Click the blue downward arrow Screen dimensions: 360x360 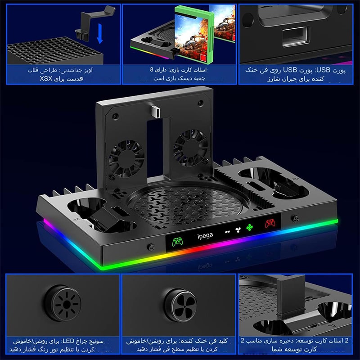coord(99,33)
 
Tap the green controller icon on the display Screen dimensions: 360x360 coord(177,242)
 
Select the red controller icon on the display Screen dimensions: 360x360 coord(270,223)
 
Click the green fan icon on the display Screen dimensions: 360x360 coord(249,227)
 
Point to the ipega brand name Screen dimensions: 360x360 coord(205,235)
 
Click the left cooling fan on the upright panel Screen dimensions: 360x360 coord(126,159)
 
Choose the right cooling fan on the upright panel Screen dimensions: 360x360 coord(190,147)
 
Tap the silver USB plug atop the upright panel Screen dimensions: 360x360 coord(156,111)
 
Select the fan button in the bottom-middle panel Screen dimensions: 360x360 coord(180,305)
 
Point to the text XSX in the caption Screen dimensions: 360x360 coord(46,79)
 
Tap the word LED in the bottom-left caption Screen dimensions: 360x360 coord(68,341)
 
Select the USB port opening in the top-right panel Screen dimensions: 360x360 coord(295,37)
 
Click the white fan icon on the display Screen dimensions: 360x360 coord(238,230)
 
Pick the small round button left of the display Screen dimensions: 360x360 coord(151,247)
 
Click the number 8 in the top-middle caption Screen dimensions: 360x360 coord(152,70)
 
